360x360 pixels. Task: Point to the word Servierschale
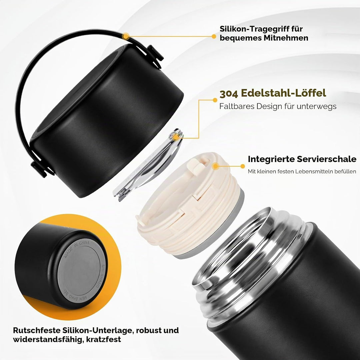tap(326, 159)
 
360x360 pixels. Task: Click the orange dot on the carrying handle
tap(126, 36)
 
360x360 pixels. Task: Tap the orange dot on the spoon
tap(176, 137)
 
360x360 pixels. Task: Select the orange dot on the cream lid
tap(215, 166)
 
